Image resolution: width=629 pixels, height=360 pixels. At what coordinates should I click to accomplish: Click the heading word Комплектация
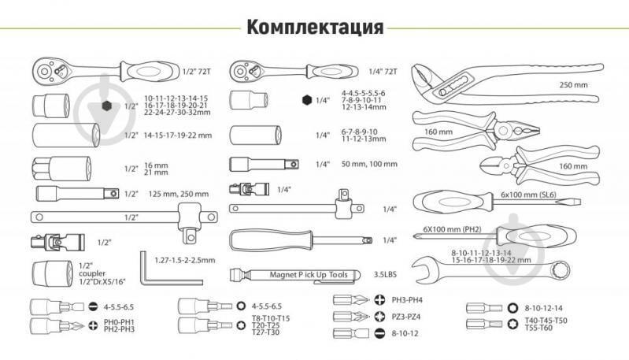(x=315, y=27)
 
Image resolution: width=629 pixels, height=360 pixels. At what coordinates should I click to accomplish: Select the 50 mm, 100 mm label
(x=371, y=165)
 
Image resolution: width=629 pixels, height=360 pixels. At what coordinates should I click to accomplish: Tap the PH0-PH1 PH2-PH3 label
(x=120, y=325)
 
